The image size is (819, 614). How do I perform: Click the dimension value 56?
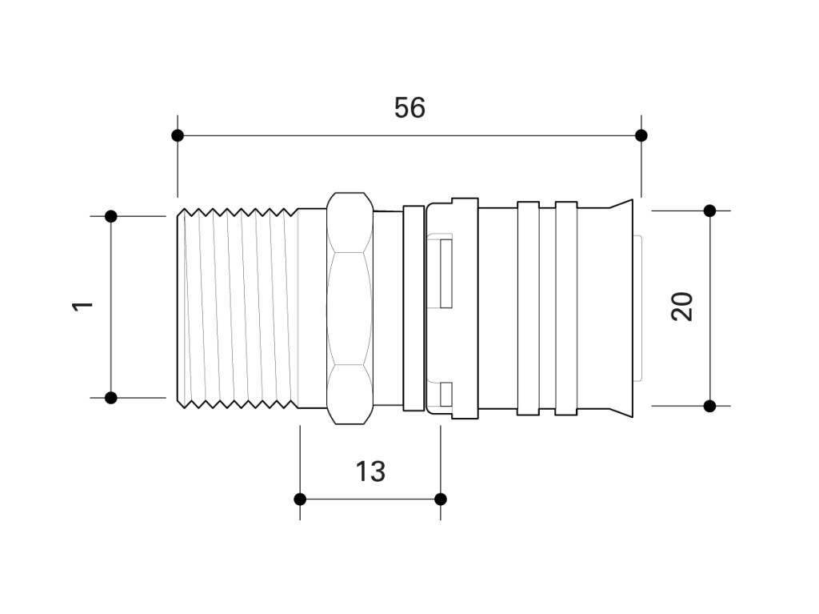pos(409,108)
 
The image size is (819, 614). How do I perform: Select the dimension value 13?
pos(370,472)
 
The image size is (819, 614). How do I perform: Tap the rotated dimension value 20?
pos(681,307)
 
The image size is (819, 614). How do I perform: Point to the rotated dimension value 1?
pos(82,307)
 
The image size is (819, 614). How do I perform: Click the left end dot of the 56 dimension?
pos(178,135)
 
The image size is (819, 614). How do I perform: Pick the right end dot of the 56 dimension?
pos(641,135)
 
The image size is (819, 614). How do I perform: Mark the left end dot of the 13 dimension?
pos(300,499)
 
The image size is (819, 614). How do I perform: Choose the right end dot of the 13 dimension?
pos(441,499)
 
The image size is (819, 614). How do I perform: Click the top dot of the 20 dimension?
pos(709,211)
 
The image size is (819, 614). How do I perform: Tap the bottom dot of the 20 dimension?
pos(709,406)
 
